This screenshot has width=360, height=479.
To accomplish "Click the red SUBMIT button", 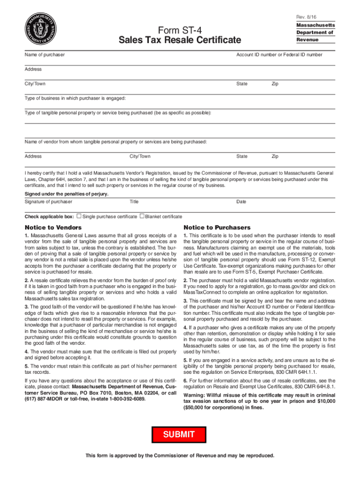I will click(179, 435).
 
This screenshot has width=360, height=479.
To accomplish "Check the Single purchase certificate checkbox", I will click(79, 216).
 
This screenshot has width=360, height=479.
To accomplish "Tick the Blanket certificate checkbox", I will click(142, 216).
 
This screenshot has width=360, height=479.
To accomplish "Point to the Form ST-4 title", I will click(180, 30).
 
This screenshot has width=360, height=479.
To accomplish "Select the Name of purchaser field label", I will click(44, 55).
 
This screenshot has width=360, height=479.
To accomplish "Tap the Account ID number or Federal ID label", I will click(279, 55).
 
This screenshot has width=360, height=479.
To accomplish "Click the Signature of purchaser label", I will click(48, 202).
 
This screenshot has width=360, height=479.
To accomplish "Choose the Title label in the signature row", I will click(134, 202).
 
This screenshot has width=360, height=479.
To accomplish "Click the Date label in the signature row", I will click(241, 202).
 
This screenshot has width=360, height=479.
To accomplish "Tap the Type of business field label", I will click(75, 98).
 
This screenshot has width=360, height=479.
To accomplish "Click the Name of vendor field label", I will click(115, 141).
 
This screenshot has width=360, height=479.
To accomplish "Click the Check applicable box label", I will click(49, 217).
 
